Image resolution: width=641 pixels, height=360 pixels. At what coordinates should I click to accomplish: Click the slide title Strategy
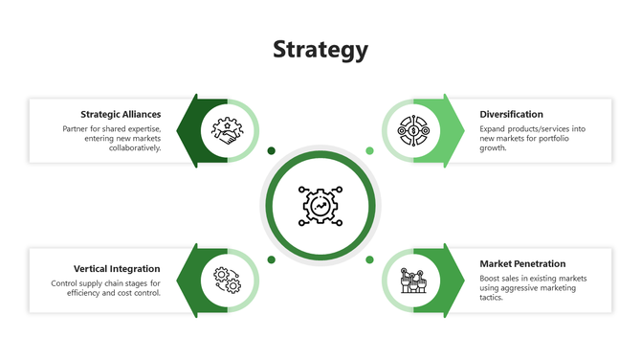(320, 49)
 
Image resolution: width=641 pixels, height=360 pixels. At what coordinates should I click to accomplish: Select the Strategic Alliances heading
(121, 114)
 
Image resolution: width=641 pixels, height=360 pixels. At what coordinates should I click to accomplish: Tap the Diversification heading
(511, 114)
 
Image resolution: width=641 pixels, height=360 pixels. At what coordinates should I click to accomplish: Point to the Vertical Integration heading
(117, 269)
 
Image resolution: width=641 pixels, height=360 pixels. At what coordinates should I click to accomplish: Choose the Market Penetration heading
(522, 263)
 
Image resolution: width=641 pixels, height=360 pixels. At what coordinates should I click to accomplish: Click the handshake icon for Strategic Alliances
(227, 130)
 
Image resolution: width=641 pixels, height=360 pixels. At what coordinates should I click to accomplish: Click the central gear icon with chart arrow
(320, 205)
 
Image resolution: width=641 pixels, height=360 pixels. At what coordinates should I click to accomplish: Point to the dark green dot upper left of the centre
(271, 150)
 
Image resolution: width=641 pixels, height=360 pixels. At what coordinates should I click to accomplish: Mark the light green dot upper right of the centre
(369, 150)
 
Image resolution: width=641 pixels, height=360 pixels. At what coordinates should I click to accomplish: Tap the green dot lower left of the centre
(271, 259)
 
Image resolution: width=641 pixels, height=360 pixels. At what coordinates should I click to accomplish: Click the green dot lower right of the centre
(369, 259)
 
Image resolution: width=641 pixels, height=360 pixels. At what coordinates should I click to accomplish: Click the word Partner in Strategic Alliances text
(77, 128)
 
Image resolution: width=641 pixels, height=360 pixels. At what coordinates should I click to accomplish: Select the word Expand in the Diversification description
(494, 128)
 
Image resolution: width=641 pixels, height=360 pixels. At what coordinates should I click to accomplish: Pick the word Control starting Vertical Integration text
(65, 283)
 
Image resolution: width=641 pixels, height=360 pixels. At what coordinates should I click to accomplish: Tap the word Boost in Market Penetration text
(491, 279)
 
